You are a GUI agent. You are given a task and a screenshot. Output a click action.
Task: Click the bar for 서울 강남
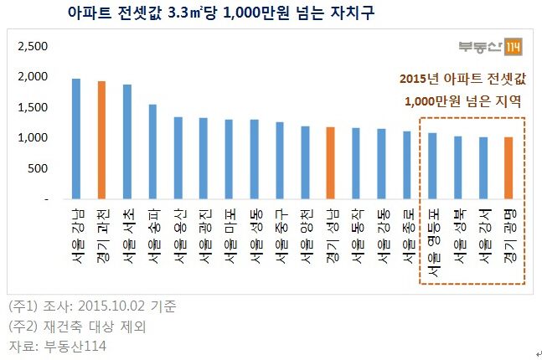[76, 140]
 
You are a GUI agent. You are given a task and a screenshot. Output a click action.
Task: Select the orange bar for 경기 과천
[102, 141]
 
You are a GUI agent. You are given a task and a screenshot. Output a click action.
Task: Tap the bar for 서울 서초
[127, 142]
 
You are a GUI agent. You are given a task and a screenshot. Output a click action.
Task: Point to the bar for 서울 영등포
[432, 167]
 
